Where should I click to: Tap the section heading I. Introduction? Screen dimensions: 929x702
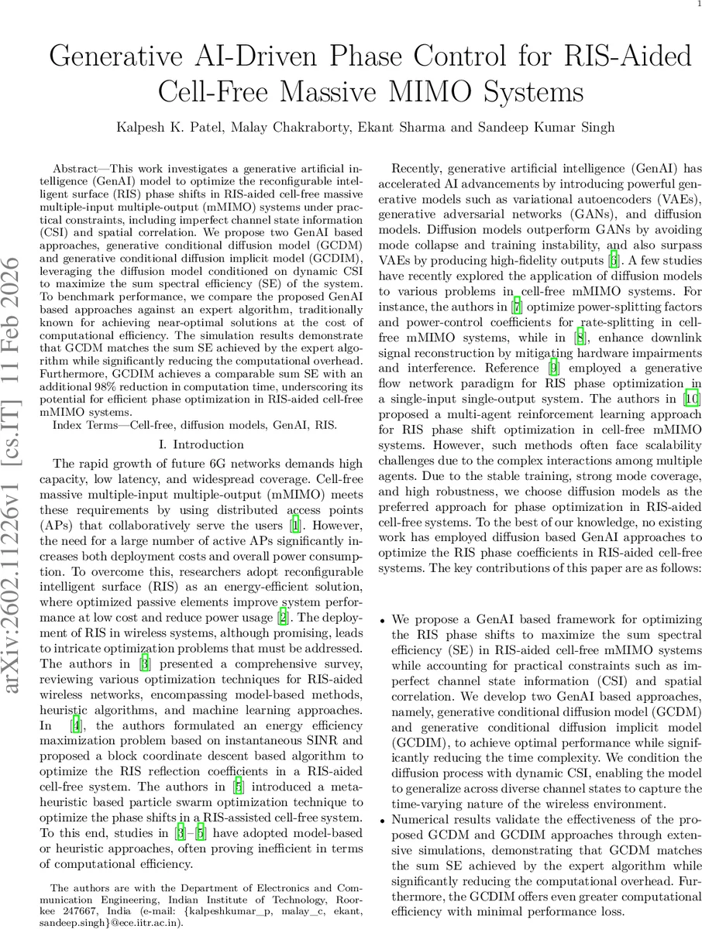200,444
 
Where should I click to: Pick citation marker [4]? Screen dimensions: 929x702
75,725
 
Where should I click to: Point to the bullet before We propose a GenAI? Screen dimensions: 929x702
383,622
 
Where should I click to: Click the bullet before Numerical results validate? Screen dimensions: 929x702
383,818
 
